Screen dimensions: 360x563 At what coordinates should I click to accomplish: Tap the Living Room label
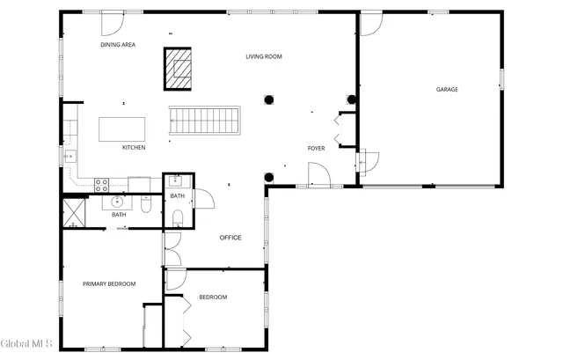pos(264,56)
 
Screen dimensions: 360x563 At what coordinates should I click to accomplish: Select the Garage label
pos(447,89)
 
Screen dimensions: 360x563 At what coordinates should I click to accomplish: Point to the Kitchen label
pos(134,147)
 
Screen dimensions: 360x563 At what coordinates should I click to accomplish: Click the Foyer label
pos(317,148)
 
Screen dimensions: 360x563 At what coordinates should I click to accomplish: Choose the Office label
pos(230,238)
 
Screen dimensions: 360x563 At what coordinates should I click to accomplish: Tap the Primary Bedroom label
pos(109,283)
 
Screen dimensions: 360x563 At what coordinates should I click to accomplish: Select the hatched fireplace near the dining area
pos(179,69)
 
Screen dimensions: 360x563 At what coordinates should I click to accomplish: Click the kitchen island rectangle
pos(121,129)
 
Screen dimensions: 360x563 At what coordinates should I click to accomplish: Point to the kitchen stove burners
pos(101,185)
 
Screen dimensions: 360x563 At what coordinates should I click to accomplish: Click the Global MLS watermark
pos(27,342)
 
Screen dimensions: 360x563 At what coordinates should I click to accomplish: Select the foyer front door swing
pos(318,176)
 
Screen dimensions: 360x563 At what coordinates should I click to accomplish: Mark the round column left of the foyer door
pos(269,176)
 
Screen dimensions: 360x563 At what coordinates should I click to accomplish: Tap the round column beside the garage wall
pos(352,99)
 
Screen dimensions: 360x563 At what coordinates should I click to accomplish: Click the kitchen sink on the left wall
pos(68,157)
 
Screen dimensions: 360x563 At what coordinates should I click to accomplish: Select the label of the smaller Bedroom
pos(213,298)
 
